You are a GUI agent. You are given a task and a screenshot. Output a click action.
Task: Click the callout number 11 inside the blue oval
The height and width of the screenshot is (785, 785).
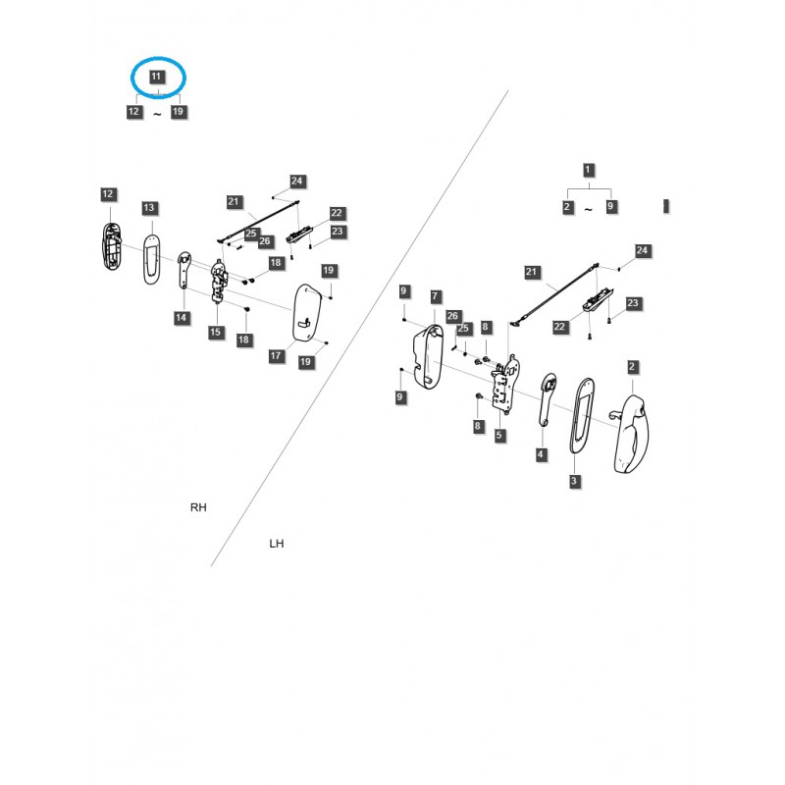coord(157,77)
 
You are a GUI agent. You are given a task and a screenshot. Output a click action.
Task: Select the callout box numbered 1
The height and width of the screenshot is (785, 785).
coord(588,170)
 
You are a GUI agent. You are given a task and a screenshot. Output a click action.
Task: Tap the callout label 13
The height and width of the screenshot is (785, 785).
coord(149,208)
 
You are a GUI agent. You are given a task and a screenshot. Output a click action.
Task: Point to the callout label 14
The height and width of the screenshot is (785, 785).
coord(182,318)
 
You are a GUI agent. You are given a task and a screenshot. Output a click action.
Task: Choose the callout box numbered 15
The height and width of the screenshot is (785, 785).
coord(216,334)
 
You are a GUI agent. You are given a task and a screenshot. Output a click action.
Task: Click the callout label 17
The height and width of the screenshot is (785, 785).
coord(276,355)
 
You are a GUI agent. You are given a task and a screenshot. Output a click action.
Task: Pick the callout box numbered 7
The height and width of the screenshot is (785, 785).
coord(436,296)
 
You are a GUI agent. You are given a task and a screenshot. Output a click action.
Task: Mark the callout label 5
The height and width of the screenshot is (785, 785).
coord(499,435)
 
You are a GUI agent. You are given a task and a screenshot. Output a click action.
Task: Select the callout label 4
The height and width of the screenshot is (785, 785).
coord(541,454)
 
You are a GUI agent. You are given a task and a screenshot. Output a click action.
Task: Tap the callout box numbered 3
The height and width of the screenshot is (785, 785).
coord(574,482)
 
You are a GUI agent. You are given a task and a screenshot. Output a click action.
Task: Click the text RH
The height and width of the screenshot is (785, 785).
coord(198,507)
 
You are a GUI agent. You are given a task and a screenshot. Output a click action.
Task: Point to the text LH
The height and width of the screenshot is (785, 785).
coord(277,543)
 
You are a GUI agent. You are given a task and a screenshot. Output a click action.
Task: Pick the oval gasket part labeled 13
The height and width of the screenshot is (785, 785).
coord(151,257)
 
